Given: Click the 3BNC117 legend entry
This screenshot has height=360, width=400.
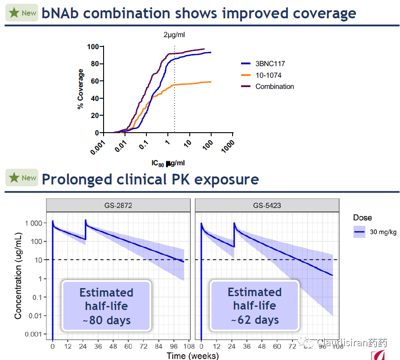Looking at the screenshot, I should (x=270, y=64).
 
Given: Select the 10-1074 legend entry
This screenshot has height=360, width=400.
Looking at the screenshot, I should (x=268, y=75).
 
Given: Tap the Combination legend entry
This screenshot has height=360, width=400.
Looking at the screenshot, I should (x=275, y=87).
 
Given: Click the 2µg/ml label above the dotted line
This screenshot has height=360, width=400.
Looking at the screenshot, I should (x=174, y=35).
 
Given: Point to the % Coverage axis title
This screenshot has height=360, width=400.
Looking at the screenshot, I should (x=81, y=89).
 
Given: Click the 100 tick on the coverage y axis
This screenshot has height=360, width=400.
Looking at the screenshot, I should (x=93, y=47).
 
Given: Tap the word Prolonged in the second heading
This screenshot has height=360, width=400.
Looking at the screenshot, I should (x=75, y=179).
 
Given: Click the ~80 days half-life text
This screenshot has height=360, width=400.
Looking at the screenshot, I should (x=106, y=320).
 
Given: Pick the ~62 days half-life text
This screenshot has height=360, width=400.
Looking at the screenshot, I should (x=255, y=320).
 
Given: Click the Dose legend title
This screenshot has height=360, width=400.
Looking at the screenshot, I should (x=362, y=218).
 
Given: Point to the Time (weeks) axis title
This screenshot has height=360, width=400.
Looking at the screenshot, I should (x=193, y=356).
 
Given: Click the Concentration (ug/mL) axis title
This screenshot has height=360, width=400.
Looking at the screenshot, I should (x=18, y=276).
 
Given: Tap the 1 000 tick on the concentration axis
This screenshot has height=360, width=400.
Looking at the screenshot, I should (x=33, y=223).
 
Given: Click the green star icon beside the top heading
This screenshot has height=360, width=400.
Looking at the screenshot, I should (x=14, y=13).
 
